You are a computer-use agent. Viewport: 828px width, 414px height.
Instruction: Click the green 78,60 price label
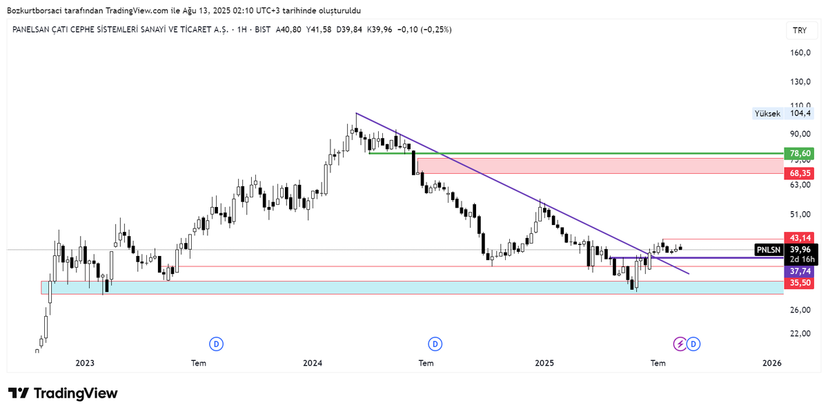click(799, 153)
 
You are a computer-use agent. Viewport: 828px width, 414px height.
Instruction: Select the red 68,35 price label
click(799, 172)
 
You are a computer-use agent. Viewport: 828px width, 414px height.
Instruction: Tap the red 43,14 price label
click(799, 237)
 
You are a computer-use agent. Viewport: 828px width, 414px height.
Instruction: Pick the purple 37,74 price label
click(799, 271)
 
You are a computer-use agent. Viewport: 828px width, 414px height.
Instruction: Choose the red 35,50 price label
click(799, 282)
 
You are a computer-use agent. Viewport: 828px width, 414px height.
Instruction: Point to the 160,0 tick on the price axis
click(800, 52)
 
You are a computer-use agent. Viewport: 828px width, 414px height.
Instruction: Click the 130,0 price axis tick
click(800, 81)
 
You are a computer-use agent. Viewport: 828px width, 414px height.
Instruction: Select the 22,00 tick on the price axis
click(800, 333)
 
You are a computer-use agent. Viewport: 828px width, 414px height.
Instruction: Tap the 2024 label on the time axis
click(313, 363)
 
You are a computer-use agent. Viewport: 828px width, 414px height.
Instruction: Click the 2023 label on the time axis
click(85, 363)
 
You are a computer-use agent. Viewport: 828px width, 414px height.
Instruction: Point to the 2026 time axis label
click(771, 363)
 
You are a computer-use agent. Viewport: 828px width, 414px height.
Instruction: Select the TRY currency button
click(800, 30)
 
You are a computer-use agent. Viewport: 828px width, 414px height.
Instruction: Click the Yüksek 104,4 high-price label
click(783, 113)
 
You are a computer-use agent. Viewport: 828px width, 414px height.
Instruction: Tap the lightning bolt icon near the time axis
click(680, 344)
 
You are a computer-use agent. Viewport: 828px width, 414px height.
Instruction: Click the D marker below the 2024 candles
click(435, 344)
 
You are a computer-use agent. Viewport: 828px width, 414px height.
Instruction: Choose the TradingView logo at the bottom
click(63, 393)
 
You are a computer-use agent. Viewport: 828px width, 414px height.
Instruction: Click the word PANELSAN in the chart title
click(35, 30)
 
